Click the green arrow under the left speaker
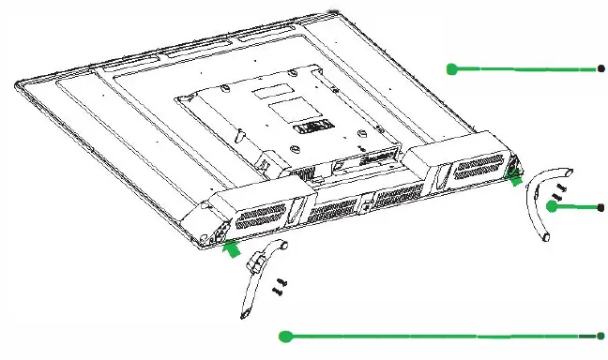click(x=231, y=248)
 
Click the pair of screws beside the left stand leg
click(x=280, y=286)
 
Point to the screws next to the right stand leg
click(x=560, y=192)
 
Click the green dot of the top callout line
click(x=451, y=68)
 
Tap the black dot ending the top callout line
click(x=600, y=68)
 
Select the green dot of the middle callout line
click(x=553, y=207)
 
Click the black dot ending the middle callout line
click(x=600, y=207)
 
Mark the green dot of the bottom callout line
click(x=287, y=336)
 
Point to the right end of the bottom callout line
click(x=600, y=336)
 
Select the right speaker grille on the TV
click(x=479, y=170)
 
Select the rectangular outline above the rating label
click(x=289, y=105)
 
